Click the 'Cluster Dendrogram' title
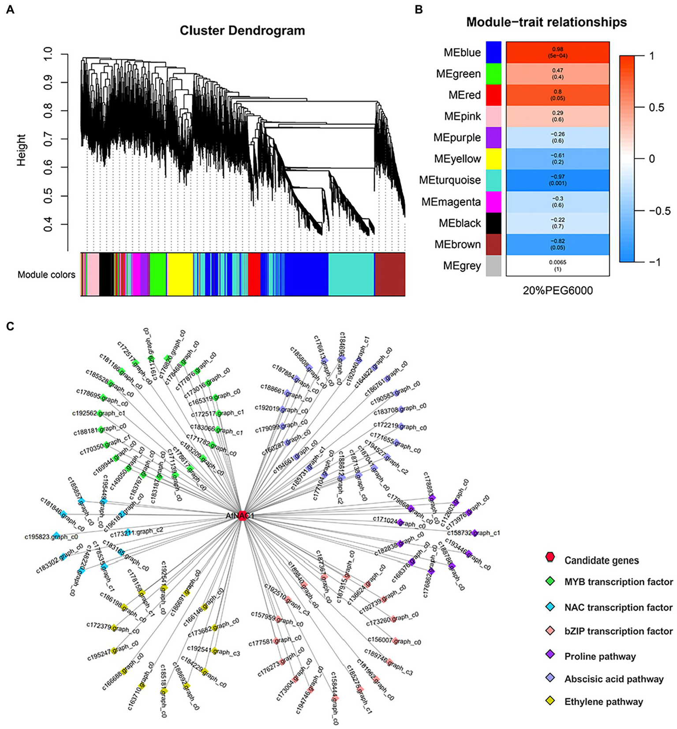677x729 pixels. (x=242, y=31)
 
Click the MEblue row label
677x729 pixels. (x=462, y=52)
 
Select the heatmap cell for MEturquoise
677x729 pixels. (x=557, y=180)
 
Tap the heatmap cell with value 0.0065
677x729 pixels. (x=557, y=265)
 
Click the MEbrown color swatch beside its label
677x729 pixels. (x=494, y=244)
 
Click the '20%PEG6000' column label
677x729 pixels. (x=557, y=290)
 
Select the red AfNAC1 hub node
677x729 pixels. (x=242, y=516)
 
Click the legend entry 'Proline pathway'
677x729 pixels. (x=600, y=656)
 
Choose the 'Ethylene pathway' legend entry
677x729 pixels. (x=603, y=701)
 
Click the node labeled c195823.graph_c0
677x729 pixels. (x=56, y=535)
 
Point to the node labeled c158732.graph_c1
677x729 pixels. (x=475, y=533)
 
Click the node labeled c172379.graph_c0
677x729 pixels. (x=114, y=628)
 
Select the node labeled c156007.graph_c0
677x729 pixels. (x=395, y=640)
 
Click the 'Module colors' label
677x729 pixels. (x=46, y=275)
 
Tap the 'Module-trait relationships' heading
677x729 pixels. (x=546, y=22)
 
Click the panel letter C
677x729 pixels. (x=10, y=326)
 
